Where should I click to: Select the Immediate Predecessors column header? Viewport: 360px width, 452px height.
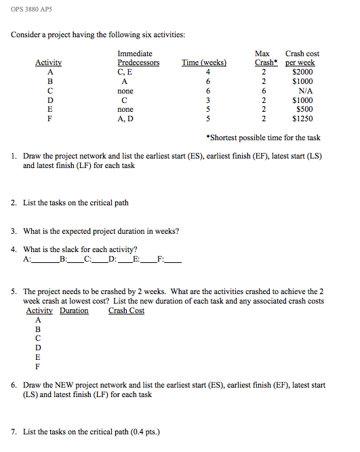pos(138,58)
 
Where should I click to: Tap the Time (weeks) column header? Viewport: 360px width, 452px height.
pos(204,63)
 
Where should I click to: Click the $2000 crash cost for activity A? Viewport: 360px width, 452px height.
pos(302,72)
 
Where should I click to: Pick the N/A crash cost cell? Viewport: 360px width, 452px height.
pos(302,90)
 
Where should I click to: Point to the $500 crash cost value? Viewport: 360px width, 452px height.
pos(304,109)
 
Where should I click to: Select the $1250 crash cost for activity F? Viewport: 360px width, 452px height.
pos(302,119)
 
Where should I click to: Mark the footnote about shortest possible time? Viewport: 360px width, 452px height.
pos(262,138)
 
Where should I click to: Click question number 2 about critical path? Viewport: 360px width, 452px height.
pos(14,203)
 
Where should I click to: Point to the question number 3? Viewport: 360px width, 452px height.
pos(14,231)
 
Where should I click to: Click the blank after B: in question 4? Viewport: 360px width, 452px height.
pos(75,259)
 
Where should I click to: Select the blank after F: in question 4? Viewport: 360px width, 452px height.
pos(174,259)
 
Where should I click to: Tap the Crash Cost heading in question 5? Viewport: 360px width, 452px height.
pos(126,310)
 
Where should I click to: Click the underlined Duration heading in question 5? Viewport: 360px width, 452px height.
pos(74,310)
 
